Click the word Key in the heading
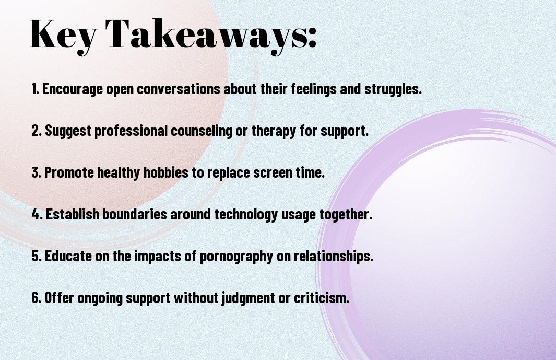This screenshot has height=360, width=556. tap(63, 35)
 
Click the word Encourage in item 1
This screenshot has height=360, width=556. tap(73, 89)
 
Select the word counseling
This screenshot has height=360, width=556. tap(202, 131)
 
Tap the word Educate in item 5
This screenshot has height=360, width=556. tap(68, 256)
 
